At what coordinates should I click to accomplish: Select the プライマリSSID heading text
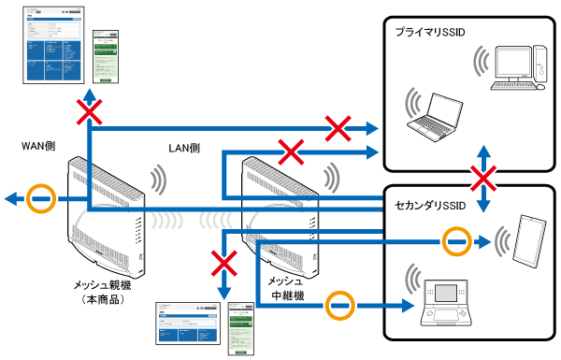[430, 32]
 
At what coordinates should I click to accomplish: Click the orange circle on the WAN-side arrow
[39, 199]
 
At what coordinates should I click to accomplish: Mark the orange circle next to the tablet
[454, 241]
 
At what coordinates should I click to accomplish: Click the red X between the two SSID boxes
[482, 178]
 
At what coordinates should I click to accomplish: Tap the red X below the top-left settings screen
[89, 113]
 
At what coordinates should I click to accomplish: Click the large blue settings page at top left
[53, 47]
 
